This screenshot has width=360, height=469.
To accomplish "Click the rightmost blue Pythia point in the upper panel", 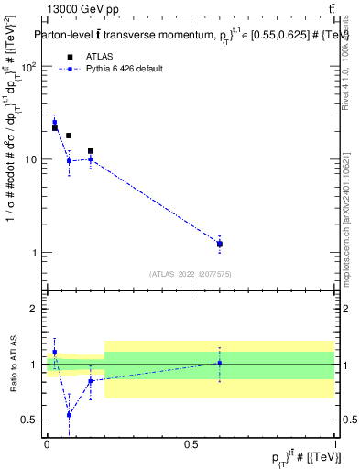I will pyautogui.click(x=220, y=245).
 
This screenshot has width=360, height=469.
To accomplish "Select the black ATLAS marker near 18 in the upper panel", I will pyautogui.click(x=69, y=136).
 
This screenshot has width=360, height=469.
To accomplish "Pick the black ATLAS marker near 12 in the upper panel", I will pyautogui.click(x=91, y=151).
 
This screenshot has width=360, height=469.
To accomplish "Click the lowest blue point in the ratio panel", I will pyautogui.click(x=69, y=415).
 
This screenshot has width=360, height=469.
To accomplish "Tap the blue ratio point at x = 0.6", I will pyautogui.click(x=220, y=363).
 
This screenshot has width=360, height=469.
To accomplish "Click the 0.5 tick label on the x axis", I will pyautogui.click(x=191, y=443).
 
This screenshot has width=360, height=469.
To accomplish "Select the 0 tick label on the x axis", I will pyautogui.click(x=47, y=443).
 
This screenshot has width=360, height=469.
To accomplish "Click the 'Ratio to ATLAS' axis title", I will pyautogui.click(x=12, y=364).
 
